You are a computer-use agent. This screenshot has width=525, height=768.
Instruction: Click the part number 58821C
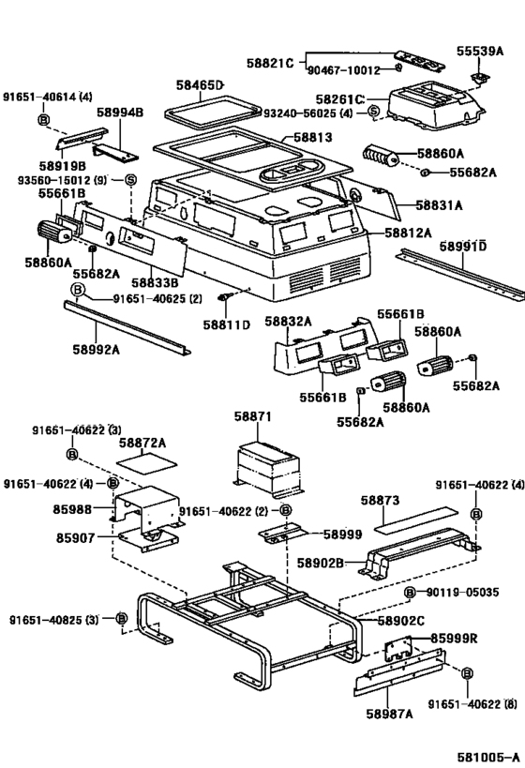tap(270, 62)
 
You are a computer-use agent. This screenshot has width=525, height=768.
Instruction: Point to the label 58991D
tap(463, 246)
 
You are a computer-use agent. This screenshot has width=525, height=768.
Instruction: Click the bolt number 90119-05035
tap(465, 593)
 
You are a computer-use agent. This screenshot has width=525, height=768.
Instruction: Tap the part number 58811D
tap(228, 324)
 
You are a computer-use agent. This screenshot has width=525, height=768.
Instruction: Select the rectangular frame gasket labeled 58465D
tap(208, 111)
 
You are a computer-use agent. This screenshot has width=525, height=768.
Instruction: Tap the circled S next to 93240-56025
tap(372, 113)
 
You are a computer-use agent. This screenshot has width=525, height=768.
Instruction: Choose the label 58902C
tap(400, 621)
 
